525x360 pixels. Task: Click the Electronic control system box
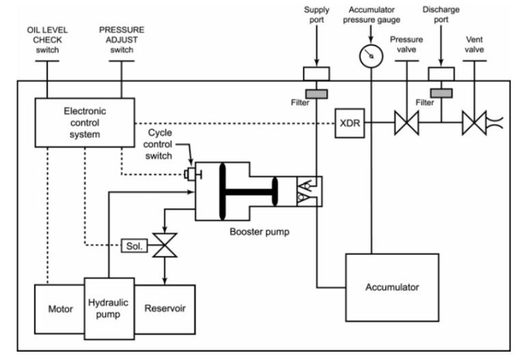(85, 122)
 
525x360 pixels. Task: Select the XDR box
(349, 124)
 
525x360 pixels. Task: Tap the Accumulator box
(392, 287)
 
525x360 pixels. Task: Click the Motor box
(59, 309)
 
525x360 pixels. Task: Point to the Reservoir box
(164, 309)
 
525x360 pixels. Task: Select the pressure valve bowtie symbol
(407, 124)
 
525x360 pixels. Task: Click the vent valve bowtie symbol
(474, 124)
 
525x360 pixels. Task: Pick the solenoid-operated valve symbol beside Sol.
(164, 245)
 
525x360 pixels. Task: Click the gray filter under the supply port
(316, 92)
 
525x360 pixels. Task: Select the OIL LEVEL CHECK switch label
(46, 41)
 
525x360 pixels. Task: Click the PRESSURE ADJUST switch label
(122, 41)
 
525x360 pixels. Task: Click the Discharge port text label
(441, 14)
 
